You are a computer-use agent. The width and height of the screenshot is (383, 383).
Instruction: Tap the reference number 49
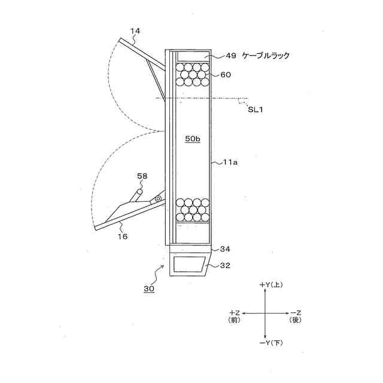pyautogui.click(x=231, y=56)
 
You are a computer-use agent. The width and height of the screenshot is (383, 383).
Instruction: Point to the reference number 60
pyautogui.click(x=226, y=75)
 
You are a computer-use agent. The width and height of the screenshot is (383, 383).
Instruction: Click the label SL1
pyautogui.click(x=256, y=108)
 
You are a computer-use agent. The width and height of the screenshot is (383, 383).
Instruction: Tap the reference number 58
pyautogui.click(x=141, y=177)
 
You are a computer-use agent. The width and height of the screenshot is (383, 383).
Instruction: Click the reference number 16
pyautogui.click(x=122, y=237)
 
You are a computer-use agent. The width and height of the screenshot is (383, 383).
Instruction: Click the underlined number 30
pyautogui.click(x=148, y=288)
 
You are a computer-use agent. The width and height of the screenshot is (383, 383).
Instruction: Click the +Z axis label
pyautogui.click(x=235, y=313)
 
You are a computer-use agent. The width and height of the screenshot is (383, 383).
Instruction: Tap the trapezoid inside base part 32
pyautogui.click(x=189, y=264)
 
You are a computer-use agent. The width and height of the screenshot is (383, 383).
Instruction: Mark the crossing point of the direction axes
pyautogui.click(x=265, y=314)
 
